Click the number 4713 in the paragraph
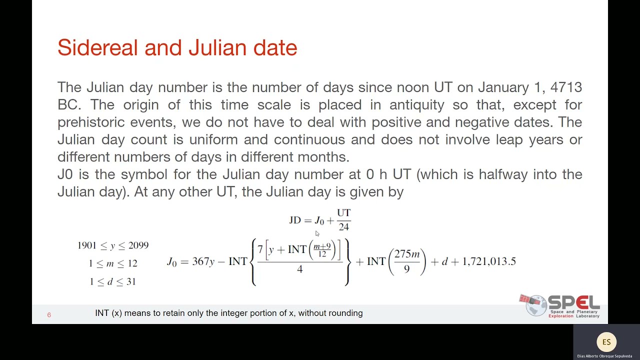566,87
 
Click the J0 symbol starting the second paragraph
65,174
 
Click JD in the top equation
295,220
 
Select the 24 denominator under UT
343,227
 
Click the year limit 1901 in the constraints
86,245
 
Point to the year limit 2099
138,245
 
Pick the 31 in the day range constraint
131,282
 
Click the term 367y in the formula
203,261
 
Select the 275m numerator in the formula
406,254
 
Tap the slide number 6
49,315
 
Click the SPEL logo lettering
573,303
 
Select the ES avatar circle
606,342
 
